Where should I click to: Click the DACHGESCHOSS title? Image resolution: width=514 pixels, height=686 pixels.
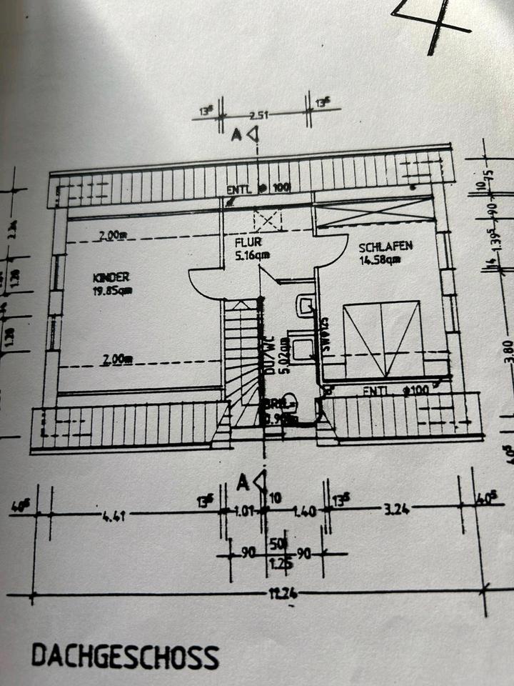[125, 655]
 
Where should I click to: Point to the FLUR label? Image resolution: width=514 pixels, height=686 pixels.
[245, 242]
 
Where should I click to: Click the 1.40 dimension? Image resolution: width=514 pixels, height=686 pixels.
[304, 512]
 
